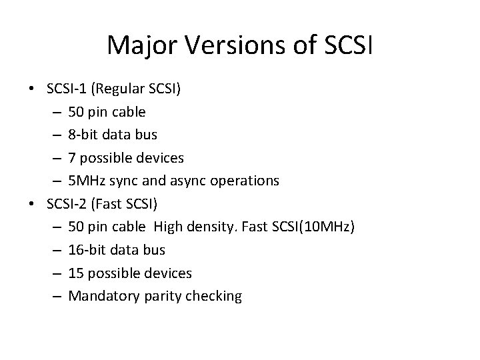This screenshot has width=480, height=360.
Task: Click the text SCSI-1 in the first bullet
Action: click(68, 88)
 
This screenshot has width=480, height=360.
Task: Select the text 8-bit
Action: click(85, 135)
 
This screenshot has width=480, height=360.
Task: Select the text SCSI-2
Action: click(69, 204)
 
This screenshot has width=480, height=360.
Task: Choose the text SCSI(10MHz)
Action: click(316, 227)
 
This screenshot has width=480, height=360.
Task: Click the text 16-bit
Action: click(88, 251)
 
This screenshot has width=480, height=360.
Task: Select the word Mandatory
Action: click(103, 297)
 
